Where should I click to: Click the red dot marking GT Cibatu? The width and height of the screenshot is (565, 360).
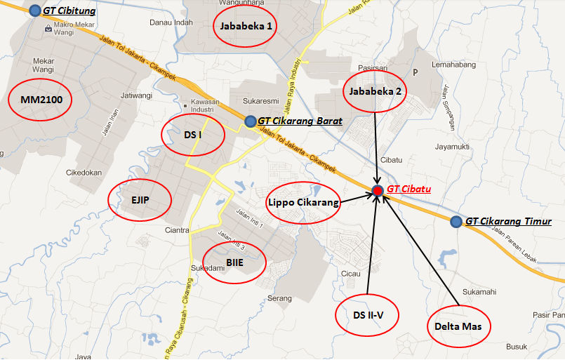(x=378, y=190)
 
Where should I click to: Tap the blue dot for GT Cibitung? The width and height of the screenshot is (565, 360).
(x=35, y=11)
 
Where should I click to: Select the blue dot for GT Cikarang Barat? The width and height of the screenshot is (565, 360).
(x=251, y=121)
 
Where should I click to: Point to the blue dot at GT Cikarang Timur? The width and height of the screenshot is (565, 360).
(x=456, y=222)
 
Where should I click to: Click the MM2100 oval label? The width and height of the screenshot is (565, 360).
(x=41, y=100)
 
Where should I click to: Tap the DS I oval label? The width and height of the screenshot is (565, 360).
(x=193, y=133)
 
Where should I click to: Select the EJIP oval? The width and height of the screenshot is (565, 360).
(x=140, y=199)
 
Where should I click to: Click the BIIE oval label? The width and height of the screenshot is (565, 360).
(x=234, y=263)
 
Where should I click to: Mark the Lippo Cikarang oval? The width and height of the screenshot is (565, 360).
(x=303, y=203)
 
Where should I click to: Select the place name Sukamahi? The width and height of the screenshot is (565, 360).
(x=479, y=291)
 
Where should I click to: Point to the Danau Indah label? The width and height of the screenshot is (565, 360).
(x=171, y=22)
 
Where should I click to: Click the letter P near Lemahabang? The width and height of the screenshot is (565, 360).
(x=416, y=72)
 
